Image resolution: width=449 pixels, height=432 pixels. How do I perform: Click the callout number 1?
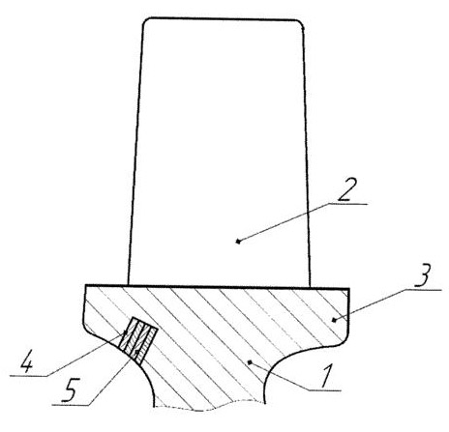click(327, 376)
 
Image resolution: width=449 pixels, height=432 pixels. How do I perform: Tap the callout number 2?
click(346, 189)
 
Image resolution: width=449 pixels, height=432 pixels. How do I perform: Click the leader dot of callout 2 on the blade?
click(238, 241)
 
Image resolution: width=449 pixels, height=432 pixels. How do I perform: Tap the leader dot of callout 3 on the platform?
click(334, 320)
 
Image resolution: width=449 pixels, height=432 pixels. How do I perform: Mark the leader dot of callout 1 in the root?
click(249, 362)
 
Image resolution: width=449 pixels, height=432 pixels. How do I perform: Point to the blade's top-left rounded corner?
click(145, 21)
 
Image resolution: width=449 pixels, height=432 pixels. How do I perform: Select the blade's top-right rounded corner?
click(301, 23)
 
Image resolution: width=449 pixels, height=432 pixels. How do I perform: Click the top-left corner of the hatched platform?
click(85, 285)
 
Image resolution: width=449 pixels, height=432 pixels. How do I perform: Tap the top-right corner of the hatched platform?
click(349, 288)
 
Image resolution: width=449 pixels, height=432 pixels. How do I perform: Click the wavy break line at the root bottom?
click(210, 408)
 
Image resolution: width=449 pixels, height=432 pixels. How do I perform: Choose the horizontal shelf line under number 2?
click(348, 204)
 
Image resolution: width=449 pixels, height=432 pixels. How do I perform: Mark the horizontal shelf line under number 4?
click(29, 375)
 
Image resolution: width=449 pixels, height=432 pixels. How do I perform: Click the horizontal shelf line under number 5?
click(72, 405)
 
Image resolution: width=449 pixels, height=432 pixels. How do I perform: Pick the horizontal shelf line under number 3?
click(423, 290)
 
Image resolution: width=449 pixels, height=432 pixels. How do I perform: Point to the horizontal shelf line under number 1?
click(324, 390)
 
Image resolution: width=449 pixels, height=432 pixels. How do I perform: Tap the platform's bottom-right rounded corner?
click(345, 341)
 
